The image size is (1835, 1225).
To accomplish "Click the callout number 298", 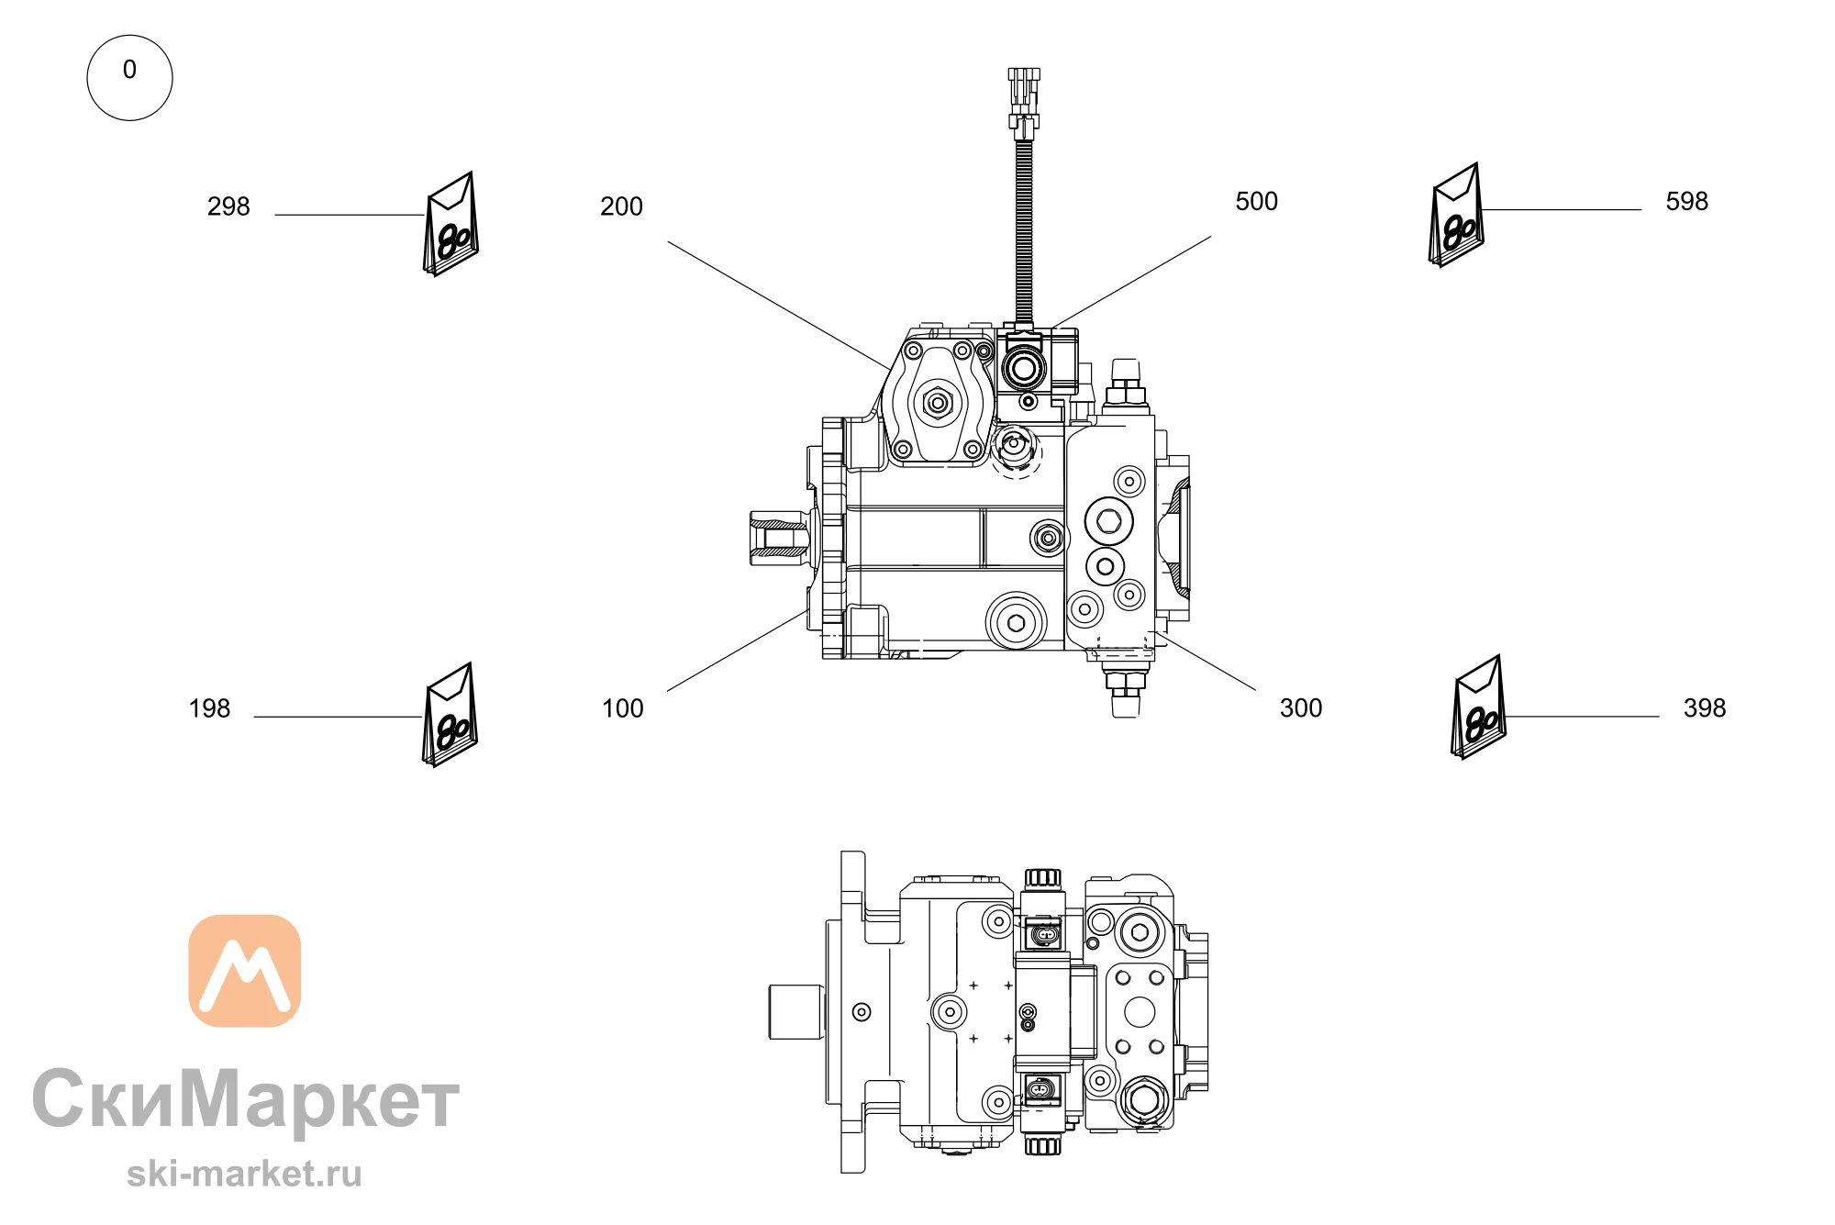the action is tap(228, 206).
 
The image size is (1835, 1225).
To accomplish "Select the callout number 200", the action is tap(621, 206).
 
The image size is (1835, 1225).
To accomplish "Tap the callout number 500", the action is tap(1256, 202).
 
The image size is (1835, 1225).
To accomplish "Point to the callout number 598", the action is tap(1686, 202).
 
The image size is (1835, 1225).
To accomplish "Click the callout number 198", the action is tap(209, 708).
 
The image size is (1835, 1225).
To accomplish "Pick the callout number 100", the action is tap(622, 708).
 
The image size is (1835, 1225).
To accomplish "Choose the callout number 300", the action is tap(1301, 708).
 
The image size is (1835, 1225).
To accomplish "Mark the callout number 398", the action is tap(1705, 708).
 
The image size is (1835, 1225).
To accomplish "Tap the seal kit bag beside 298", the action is tap(450, 225).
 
